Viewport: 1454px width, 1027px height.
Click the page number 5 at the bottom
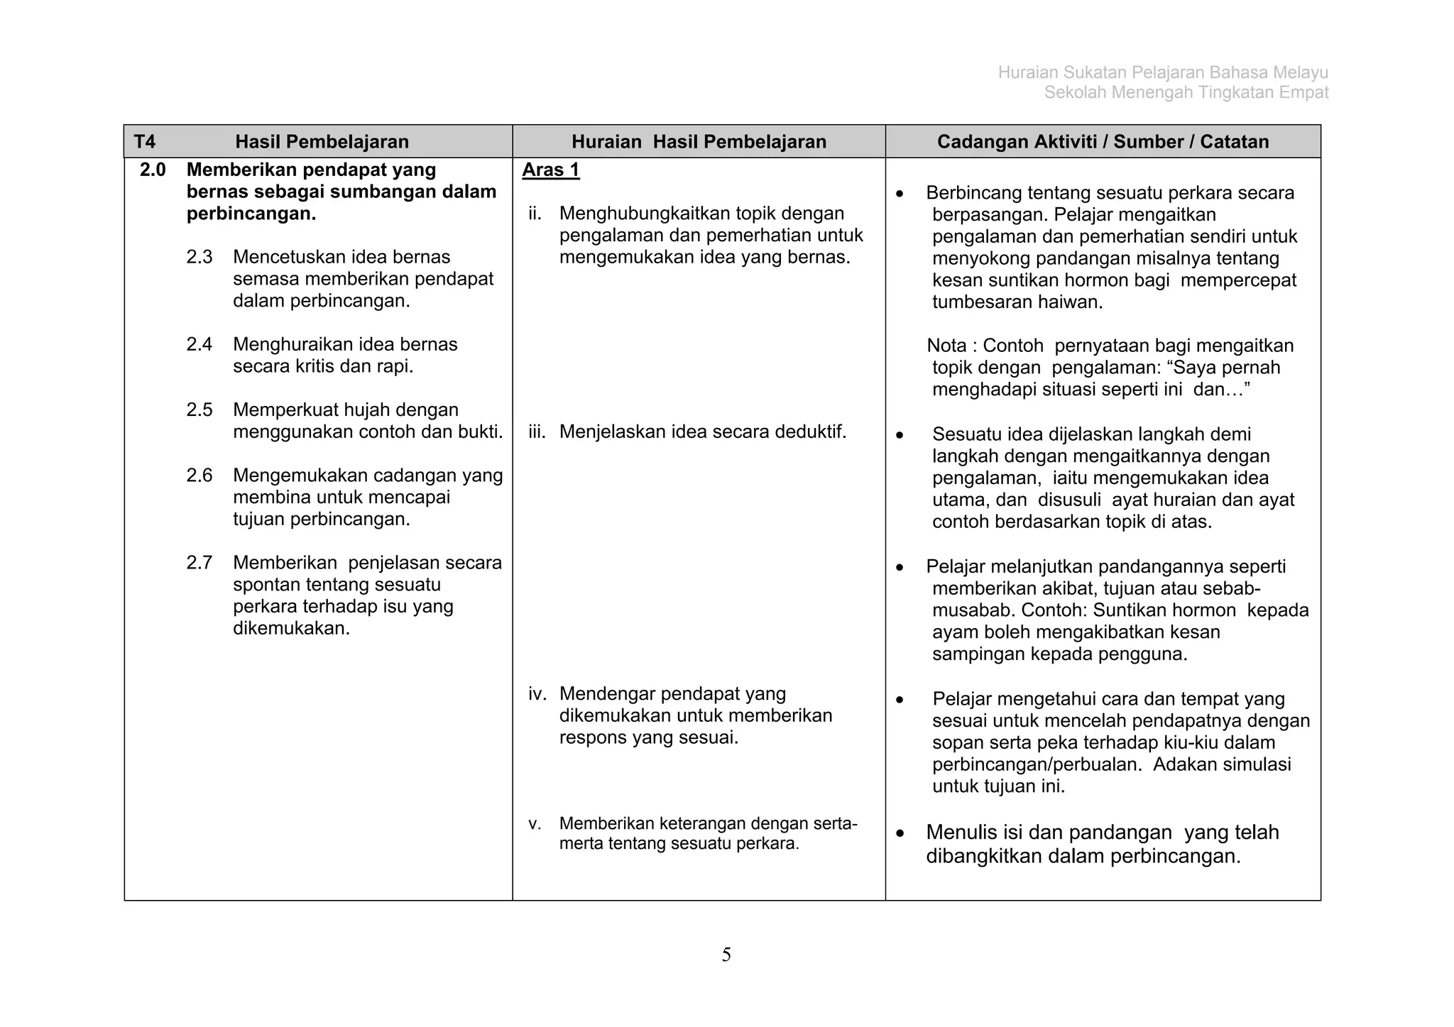(726, 955)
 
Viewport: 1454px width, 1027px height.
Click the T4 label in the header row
(144, 142)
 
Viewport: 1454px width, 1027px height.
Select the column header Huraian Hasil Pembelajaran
(699, 142)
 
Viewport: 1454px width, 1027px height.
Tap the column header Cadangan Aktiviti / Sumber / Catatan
(1103, 142)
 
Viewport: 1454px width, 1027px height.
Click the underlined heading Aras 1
(551, 170)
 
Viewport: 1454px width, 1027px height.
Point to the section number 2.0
(153, 170)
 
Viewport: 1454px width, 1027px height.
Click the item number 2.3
(199, 257)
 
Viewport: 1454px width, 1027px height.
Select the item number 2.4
(199, 344)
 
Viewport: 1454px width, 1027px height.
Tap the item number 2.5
(199, 410)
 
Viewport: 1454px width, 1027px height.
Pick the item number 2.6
(199, 475)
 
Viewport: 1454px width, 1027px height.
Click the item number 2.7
(199, 563)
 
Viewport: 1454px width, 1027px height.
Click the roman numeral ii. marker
(535, 214)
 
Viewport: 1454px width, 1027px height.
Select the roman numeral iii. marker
(537, 432)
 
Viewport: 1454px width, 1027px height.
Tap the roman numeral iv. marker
(537, 693)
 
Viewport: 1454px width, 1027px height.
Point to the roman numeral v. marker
(535, 824)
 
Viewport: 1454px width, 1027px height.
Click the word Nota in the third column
(946, 346)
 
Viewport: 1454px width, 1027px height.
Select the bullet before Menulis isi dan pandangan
(900, 833)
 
